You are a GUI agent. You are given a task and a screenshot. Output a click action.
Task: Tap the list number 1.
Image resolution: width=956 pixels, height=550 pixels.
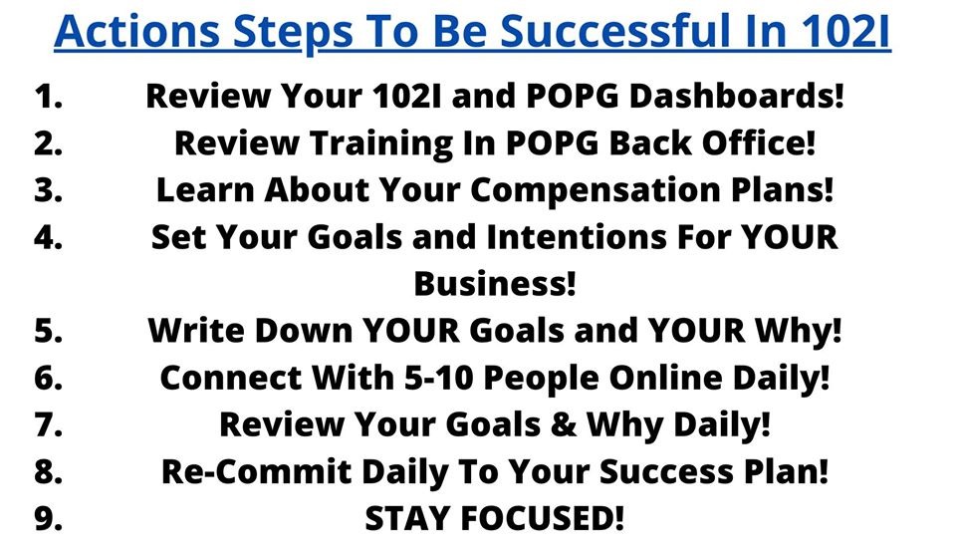(x=49, y=97)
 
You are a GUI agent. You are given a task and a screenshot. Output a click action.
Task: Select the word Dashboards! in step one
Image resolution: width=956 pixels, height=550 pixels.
(x=737, y=96)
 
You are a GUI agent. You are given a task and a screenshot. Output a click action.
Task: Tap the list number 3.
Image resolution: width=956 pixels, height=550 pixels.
(x=49, y=190)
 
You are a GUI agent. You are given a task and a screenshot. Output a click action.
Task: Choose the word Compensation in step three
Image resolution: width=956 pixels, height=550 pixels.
(x=596, y=190)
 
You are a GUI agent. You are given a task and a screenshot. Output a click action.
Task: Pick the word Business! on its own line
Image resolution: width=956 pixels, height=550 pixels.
(x=495, y=284)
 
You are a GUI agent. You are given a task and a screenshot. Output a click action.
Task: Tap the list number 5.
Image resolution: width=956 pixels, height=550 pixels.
(x=49, y=331)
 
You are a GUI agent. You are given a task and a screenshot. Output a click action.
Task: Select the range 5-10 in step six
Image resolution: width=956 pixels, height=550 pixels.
(x=438, y=378)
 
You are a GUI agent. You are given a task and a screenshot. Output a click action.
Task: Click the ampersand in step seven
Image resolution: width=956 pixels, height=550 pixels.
(x=563, y=425)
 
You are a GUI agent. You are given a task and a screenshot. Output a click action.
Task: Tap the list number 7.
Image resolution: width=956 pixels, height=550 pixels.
(x=49, y=425)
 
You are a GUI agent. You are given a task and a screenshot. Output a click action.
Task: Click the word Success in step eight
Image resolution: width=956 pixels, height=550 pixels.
(x=666, y=472)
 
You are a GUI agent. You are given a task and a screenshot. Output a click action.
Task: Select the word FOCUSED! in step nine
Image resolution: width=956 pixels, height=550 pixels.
(x=542, y=519)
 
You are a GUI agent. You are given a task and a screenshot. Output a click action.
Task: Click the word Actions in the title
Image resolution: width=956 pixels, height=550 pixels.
(x=136, y=31)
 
